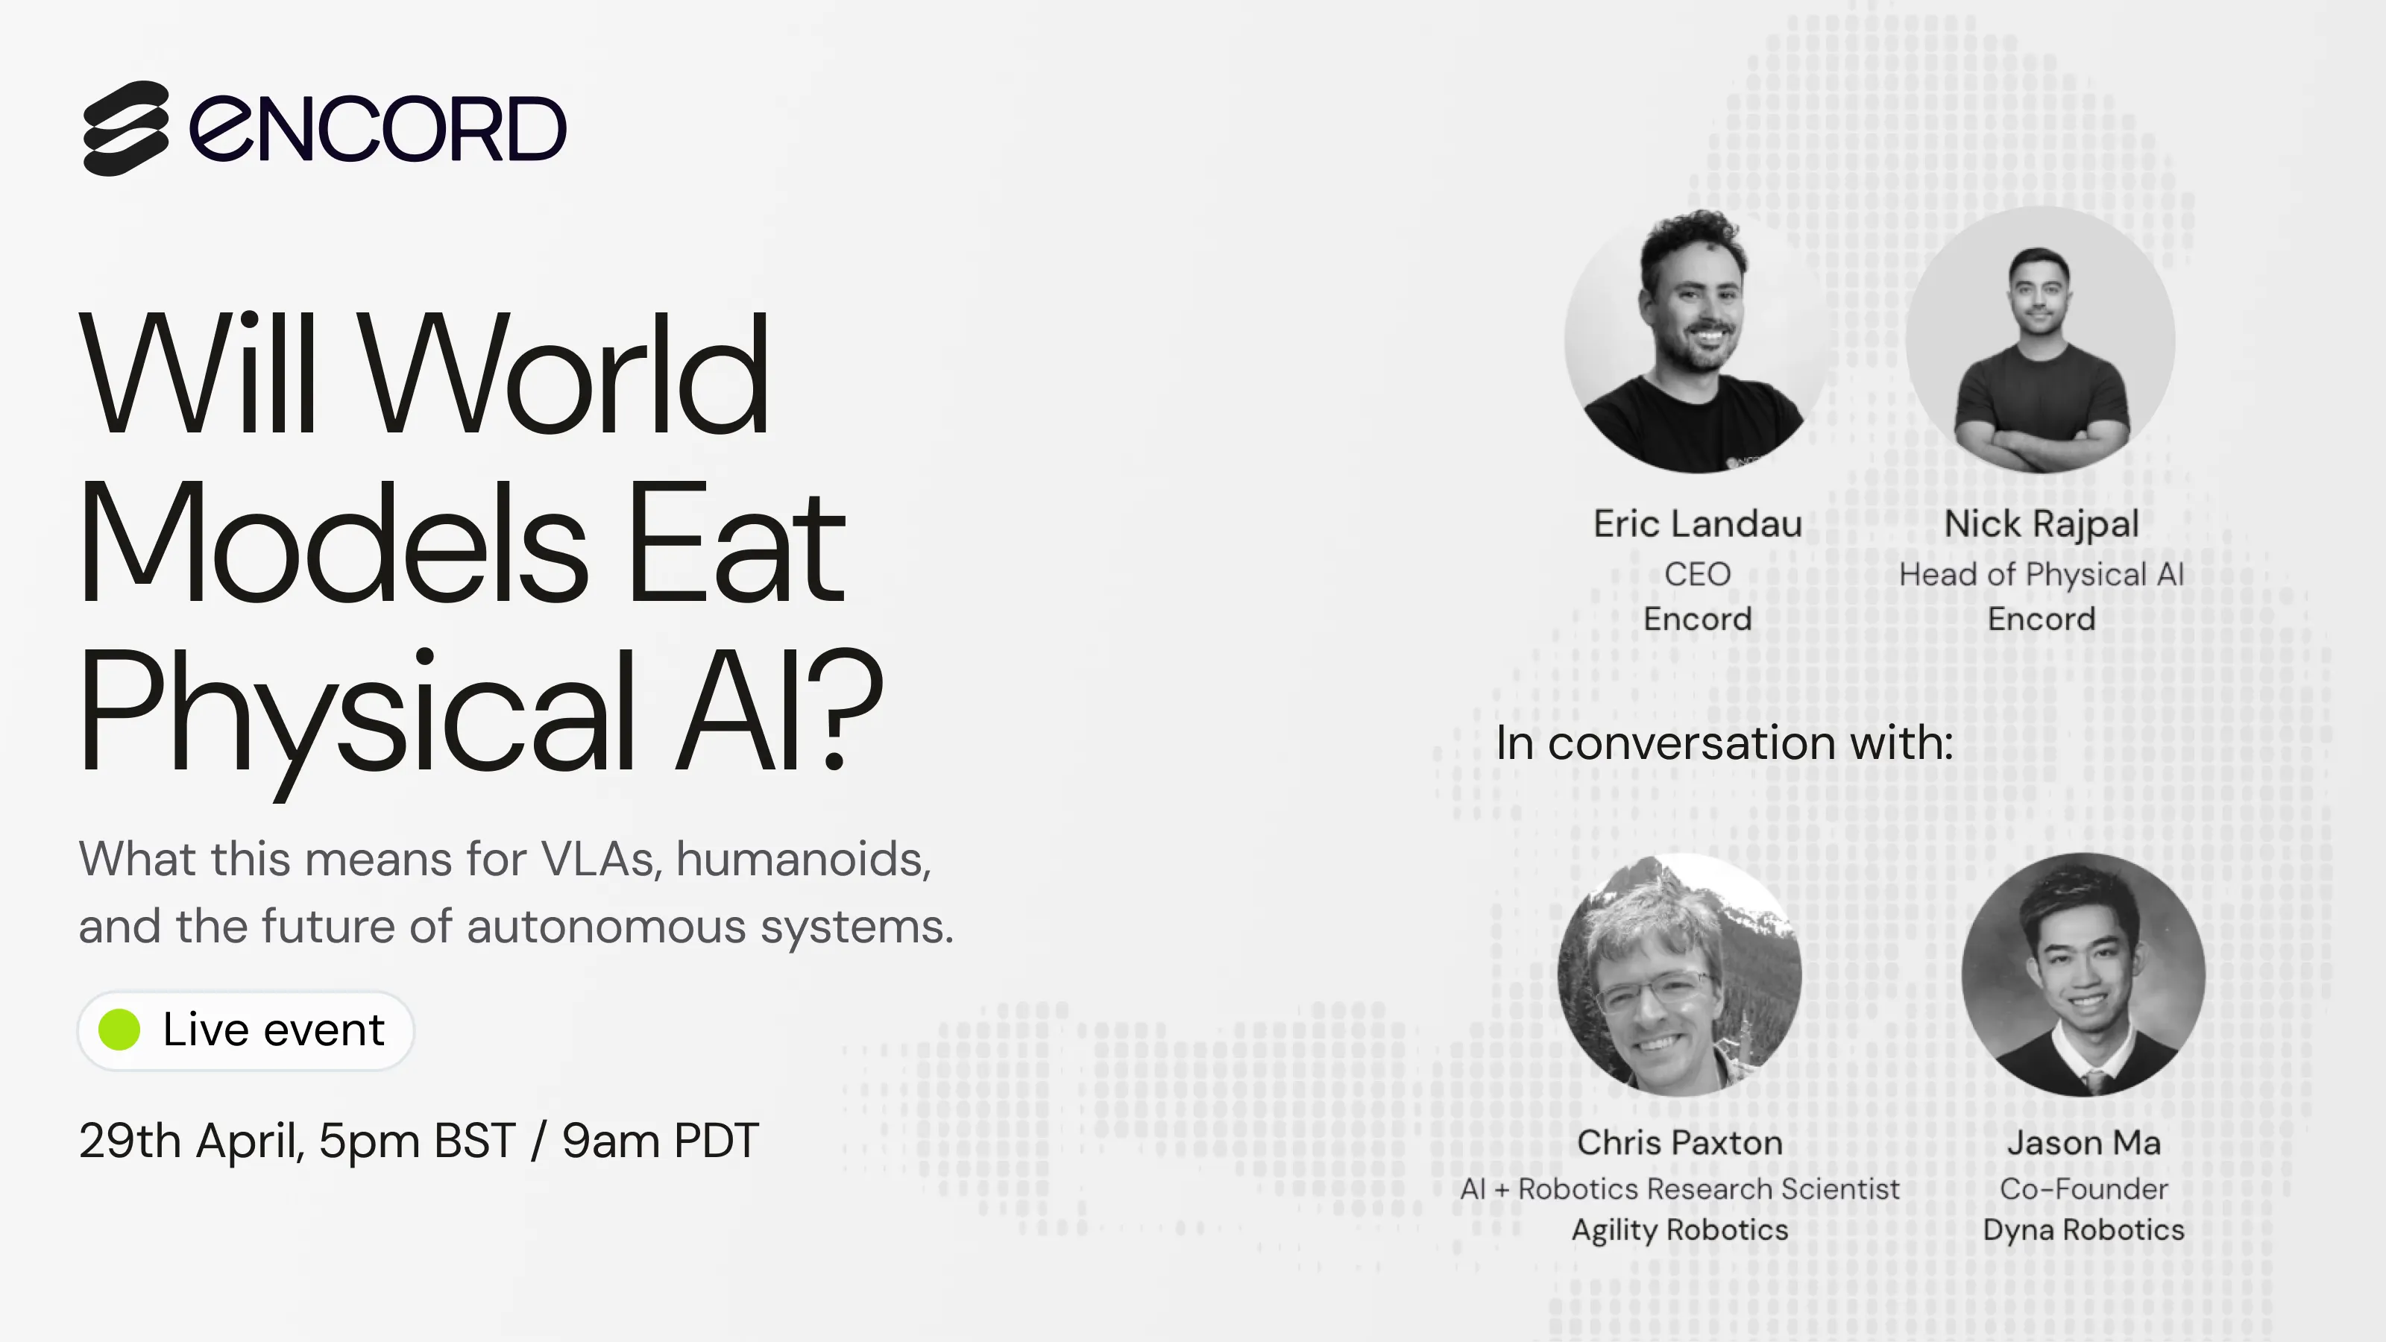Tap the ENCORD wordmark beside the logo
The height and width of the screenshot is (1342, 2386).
pyautogui.click(x=378, y=129)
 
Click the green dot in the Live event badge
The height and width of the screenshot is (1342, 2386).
pyautogui.click(x=119, y=1030)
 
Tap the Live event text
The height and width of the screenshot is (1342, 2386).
pyautogui.click(x=273, y=1030)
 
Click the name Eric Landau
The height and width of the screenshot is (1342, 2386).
pyautogui.click(x=1697, y=524)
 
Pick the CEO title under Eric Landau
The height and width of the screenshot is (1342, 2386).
pyautogui.click(x=1697, y=574)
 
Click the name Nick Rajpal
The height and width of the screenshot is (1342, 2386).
pyautogui.click(x=2041, y=524)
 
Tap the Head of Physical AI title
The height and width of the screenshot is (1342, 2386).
pyautogui.click(x=2041, y=574)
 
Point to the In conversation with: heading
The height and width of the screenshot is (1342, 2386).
pyautogui.click(x=1724, y=743)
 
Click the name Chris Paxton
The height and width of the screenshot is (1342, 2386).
pyautogui.click(x=1679, y=1143)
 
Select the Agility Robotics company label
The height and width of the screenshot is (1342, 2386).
pyautogui.click(x=1679, y=1230)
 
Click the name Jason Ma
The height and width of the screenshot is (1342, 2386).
pyautogui.click(x=2083, y=1143)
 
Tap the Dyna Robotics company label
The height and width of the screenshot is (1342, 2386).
pyautogui.click(x=2083, y=1230)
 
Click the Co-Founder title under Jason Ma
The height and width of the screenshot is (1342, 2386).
pyautogui.click(x=2083, y=1189)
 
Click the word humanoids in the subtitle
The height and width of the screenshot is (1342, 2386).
pyautogui.click(x=802, y=859)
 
